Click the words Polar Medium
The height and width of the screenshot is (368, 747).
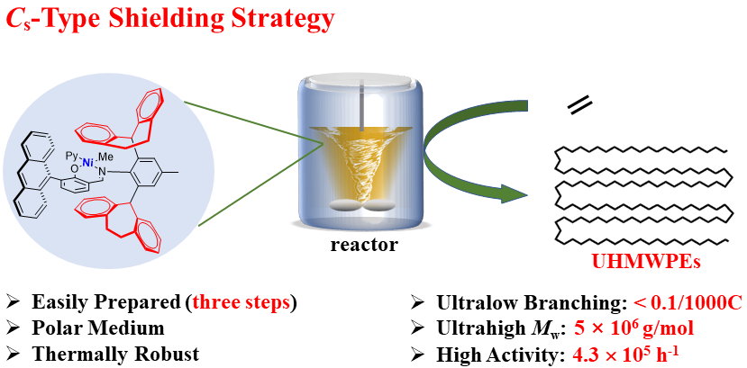pos(98,328)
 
